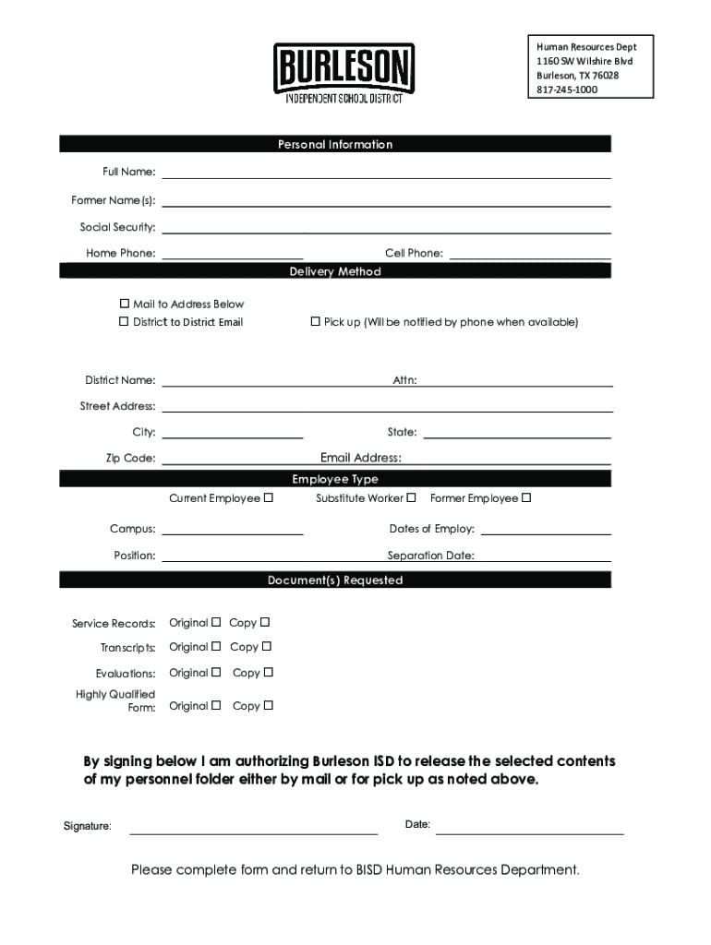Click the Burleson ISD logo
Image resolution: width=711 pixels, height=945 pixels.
click(x=343, y=73)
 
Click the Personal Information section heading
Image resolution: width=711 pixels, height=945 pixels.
click(x=335, y=144)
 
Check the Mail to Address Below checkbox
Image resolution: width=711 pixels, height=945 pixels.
click(x=125, y=304)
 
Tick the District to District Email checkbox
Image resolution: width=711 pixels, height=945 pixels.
click(x=125, y=321)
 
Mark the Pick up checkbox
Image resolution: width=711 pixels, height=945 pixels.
click(x=315, y=321)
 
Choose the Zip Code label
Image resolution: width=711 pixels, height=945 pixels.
click(x=130, y=459)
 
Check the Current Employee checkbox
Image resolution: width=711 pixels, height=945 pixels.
click(x=269, y=498)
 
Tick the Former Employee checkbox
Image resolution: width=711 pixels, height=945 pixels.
click(x=526, y=498)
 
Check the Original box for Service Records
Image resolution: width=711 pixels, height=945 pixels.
click(x=216, y=622)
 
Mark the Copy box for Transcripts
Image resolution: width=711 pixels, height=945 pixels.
click(x=266, y=646)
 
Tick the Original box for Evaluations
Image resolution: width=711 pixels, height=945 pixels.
click(x=216, y=672)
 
